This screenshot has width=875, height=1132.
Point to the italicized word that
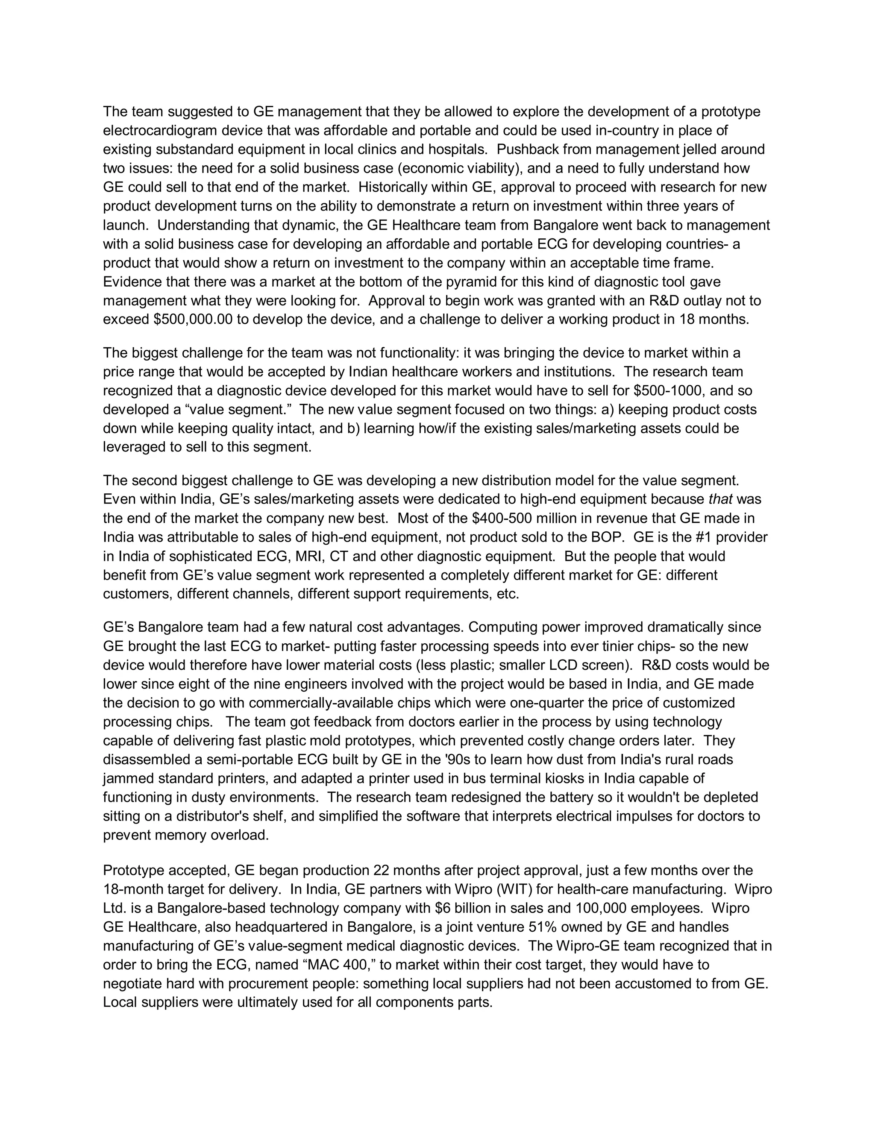point(720,499)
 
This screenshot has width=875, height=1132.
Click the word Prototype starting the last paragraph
point(136,870)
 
